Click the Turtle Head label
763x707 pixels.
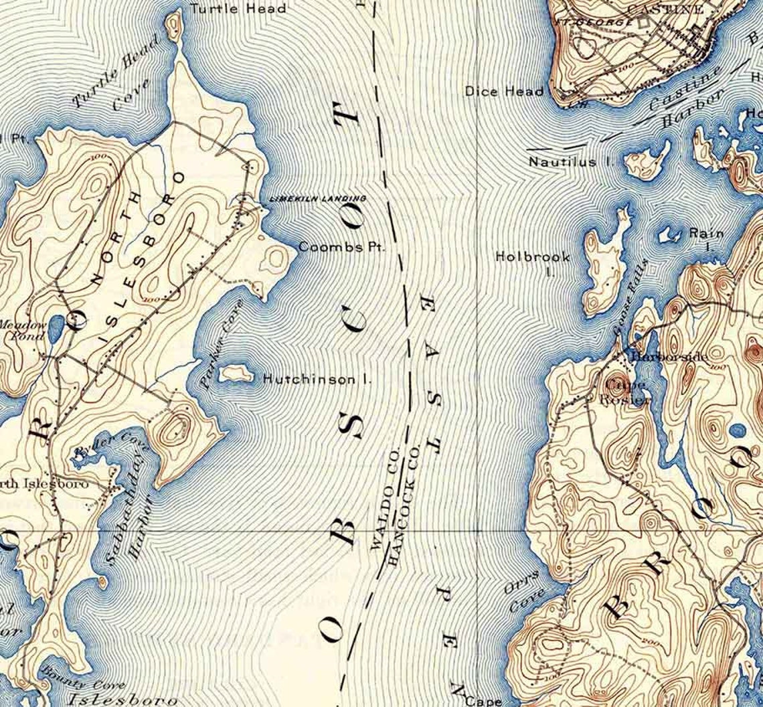point(238,9)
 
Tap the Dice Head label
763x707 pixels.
point(504,91)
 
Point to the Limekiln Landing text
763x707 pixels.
point(317,199)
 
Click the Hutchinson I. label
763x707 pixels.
point(317,380)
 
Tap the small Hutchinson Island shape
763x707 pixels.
point(236,374)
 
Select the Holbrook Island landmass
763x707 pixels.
point(602,268)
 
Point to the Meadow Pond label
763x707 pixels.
point(23,330)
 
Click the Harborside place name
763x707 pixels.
point(669,358)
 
